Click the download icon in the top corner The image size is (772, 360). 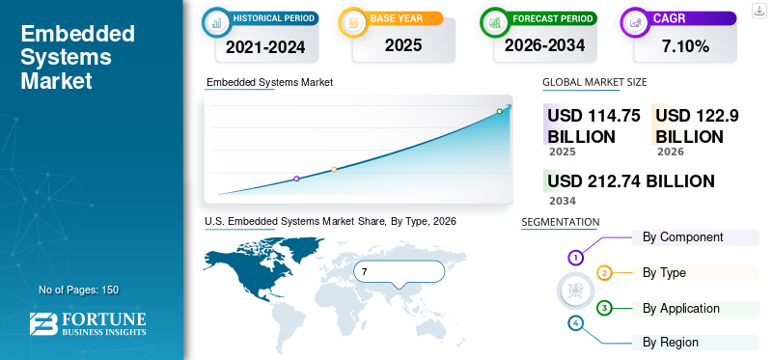(758, 11)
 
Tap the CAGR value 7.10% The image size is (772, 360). (685, 46)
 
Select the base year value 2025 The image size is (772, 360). (403, 45)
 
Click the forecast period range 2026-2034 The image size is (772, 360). (545, 45)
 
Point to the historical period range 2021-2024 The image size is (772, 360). (266, 47)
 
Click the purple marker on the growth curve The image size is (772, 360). (296, 179)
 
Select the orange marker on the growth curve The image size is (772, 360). (334, 170)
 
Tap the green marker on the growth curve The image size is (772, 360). (499, 111)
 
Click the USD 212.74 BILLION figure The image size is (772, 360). (631, 181)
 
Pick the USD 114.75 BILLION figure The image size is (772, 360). (594, 126)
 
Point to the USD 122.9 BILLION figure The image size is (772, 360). (697, 126)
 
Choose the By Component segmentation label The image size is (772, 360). (683, 236)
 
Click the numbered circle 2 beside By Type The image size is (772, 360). (605, 273)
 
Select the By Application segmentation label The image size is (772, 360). (681, 308)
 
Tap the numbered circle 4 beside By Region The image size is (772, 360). (575, 323)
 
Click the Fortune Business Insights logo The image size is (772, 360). (88, 324)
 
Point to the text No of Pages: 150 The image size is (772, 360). (79, 290)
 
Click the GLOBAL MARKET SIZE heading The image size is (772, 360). (594, 82)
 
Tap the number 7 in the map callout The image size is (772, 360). (365, 272)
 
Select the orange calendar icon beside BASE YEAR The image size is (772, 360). (353, 22)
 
